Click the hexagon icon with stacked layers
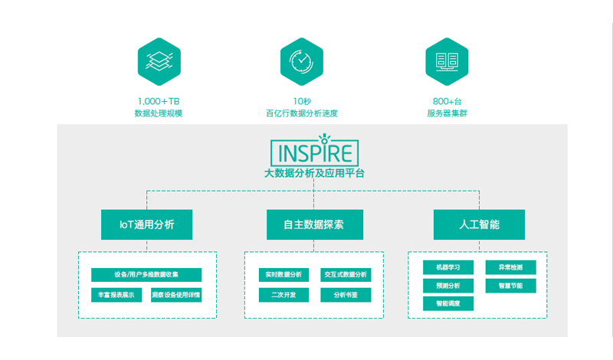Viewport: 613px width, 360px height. click(x=159, y=62)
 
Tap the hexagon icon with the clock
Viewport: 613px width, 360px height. click(x=301, y=62)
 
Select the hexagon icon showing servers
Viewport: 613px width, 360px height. click(x=447, y=62)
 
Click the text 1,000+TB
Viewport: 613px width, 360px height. click(x=159, y=102)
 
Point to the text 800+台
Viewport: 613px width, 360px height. click(x=447, y=102)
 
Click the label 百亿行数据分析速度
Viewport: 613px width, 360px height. click(x=301, y=113)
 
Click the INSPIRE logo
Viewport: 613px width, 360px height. click(x=315, y=150)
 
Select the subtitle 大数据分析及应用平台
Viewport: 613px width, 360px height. click(x=314, y=173)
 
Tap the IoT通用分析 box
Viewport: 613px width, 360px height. click(x=146, y=224)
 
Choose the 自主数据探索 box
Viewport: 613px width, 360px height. click(x=315, y=224)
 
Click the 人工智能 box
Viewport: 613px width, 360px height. click(x=480, y=224)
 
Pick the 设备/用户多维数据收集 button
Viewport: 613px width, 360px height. click(x=146, y=275)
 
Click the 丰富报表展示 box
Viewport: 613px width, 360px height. click(x=116, y=295)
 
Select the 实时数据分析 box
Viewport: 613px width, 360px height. click(x=284, y=275)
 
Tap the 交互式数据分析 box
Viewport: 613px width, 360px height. click(x=346, y=275)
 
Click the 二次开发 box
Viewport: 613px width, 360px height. click(x=284, y=295)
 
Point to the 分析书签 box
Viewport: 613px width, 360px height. click(x=346, y=295)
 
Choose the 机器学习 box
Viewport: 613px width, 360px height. click(x=448, y=267)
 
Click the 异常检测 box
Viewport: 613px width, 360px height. click(x=510, y=267)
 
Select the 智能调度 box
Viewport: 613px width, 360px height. click(x=448, y=303)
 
